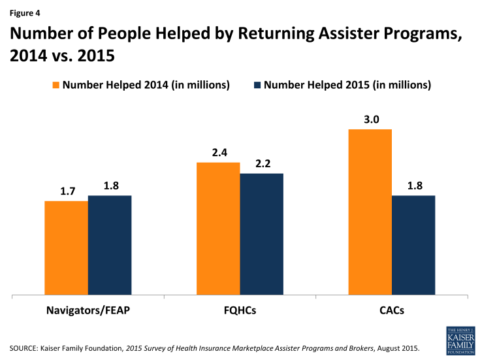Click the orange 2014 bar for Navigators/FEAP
tap(66, 248)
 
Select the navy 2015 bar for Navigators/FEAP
tap(110, 246)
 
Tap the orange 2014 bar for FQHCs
tap(218, 229)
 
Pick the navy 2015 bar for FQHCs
tap(261, 235)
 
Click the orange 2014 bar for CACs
tap(370, 212)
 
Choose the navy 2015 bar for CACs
tap(413, 246)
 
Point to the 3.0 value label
tap(370, 120)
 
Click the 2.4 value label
tap(218, 152)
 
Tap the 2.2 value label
tap(261, 163)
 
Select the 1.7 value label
tap(66, 191)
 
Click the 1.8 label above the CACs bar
tap(413, 186)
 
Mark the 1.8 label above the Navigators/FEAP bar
tap(110, 186)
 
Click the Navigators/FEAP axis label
tap(88, 311)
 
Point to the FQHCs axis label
tap(240, 311)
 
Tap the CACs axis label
tap(391, 311)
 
